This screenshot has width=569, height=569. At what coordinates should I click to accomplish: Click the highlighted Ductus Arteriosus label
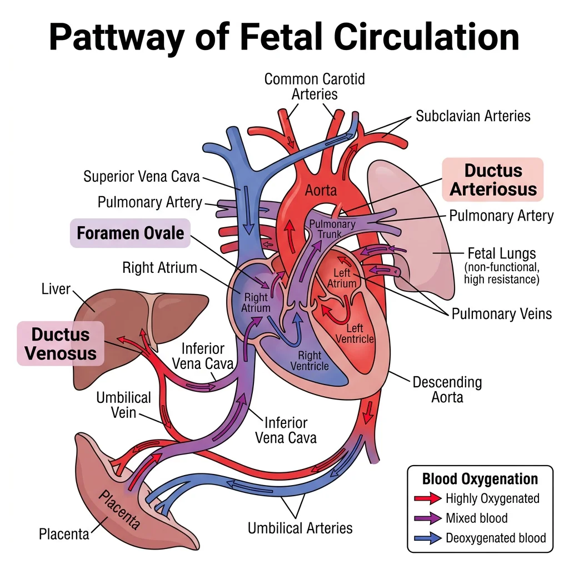493,179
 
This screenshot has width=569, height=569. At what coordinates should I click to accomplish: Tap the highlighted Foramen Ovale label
130,232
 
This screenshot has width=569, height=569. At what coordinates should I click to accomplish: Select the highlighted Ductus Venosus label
61,343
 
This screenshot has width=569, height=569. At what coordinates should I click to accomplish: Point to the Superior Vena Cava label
141,177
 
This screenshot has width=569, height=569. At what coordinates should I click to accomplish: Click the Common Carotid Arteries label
315,86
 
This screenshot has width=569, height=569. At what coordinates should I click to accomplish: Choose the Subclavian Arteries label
473,116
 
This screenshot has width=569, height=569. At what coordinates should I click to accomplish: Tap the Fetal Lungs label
502,253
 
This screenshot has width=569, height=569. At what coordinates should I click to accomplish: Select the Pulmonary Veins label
502,313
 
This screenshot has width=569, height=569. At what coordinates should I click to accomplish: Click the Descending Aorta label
447,390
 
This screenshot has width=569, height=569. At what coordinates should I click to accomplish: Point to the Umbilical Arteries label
300,527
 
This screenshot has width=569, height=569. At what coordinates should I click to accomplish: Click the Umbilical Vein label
123,405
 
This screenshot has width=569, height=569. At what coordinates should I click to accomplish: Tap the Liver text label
56,289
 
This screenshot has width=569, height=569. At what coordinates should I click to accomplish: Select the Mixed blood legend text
477,518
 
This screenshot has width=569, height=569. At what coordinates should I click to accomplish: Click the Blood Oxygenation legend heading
480,478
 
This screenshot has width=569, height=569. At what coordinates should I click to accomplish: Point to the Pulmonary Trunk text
332,229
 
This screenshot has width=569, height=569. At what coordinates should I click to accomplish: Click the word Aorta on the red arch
321,191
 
